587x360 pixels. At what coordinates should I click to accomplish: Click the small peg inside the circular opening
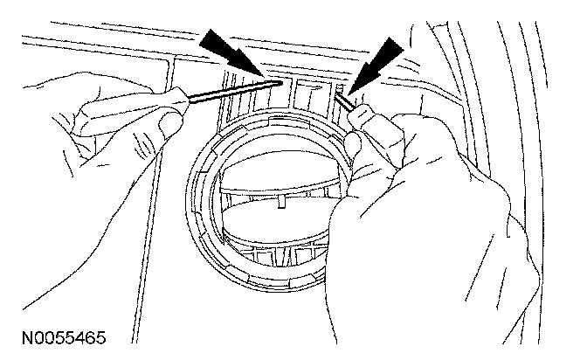point(285,203)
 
